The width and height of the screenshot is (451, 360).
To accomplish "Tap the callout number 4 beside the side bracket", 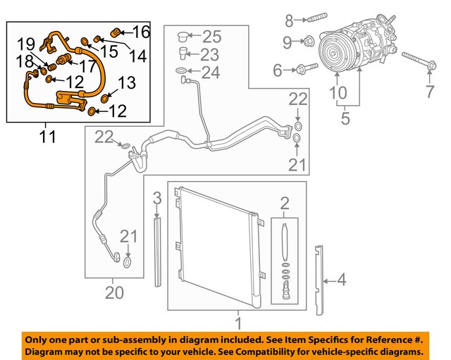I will click(x=341, y=280).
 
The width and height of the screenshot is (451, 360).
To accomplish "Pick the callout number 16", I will click(x=141, y=31).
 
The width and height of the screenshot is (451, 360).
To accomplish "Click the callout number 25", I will click(x=211, y=36).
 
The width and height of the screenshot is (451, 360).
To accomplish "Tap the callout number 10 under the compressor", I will click(x=338, y=92).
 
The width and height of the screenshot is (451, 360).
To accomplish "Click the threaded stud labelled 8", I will click(x=315, y=18).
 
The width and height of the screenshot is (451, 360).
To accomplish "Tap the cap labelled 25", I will click(x=183, y=36).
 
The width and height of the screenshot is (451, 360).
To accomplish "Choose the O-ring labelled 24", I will click(x=182, y=71).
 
